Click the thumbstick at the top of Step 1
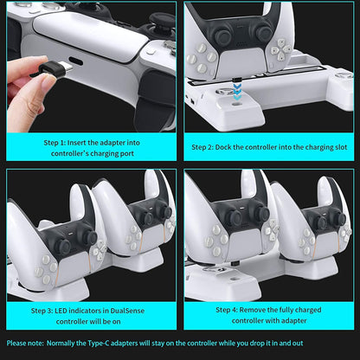point(162,19)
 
